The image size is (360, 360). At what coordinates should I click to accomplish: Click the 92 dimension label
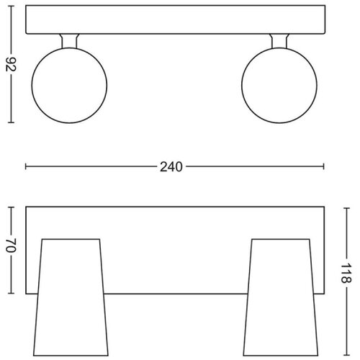tap(11, 64)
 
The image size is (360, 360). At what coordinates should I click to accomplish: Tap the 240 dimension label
tap(171, 167)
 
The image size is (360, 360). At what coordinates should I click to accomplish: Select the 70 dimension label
tap(11, 246)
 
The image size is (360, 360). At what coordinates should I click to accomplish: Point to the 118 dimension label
tap(346, 273)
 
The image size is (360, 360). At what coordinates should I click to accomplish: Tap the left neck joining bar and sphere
tap(69, 41)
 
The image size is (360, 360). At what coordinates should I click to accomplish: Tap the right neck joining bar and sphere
tap(279, 41)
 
